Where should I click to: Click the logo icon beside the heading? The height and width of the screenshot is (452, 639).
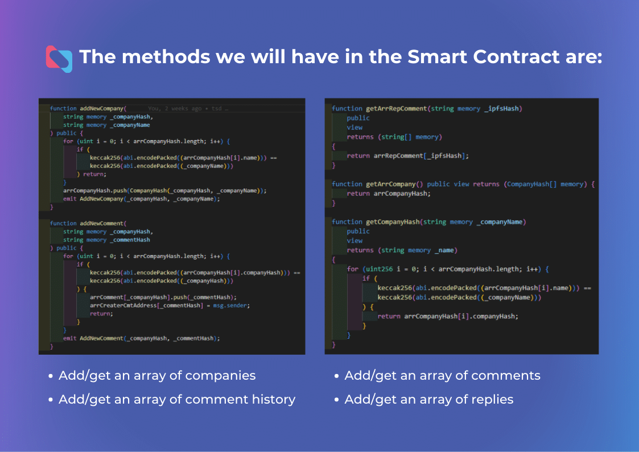tap(59, 59)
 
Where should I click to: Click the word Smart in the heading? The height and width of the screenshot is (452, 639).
tap(437, 57)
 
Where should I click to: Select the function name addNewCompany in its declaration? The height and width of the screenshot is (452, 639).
tap(101, 108)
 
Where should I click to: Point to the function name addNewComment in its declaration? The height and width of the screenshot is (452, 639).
tap(101, 223)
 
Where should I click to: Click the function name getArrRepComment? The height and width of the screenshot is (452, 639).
tap(396, 109)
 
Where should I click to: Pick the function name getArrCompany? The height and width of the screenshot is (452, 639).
tap(390, 184)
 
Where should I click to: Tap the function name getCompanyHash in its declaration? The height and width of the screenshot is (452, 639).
tap(393, 222)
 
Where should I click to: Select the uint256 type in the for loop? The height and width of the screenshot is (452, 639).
tap(380, 269)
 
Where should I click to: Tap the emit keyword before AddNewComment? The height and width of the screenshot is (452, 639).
tap(69, 338)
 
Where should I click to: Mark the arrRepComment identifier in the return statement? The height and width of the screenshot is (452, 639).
tap(398, 156)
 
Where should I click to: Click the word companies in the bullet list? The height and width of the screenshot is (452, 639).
tap(220, 375)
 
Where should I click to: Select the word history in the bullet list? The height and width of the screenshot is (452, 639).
tap(274, 400)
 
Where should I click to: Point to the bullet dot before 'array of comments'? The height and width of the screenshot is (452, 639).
tap(336, 376)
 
